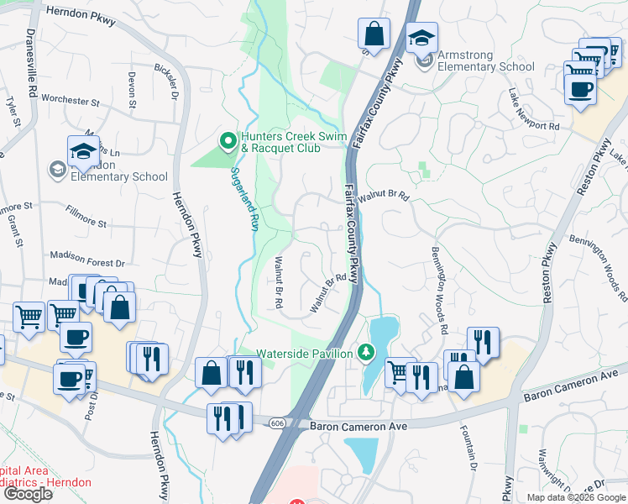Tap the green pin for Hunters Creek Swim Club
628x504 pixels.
[x=227, y=140]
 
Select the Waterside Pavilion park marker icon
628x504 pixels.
[x=364, y=352]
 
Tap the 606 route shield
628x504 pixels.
[x=277, y=423]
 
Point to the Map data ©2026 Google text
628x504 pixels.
[x=575, y=497]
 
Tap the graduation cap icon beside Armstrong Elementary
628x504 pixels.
[x=421, y=37]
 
